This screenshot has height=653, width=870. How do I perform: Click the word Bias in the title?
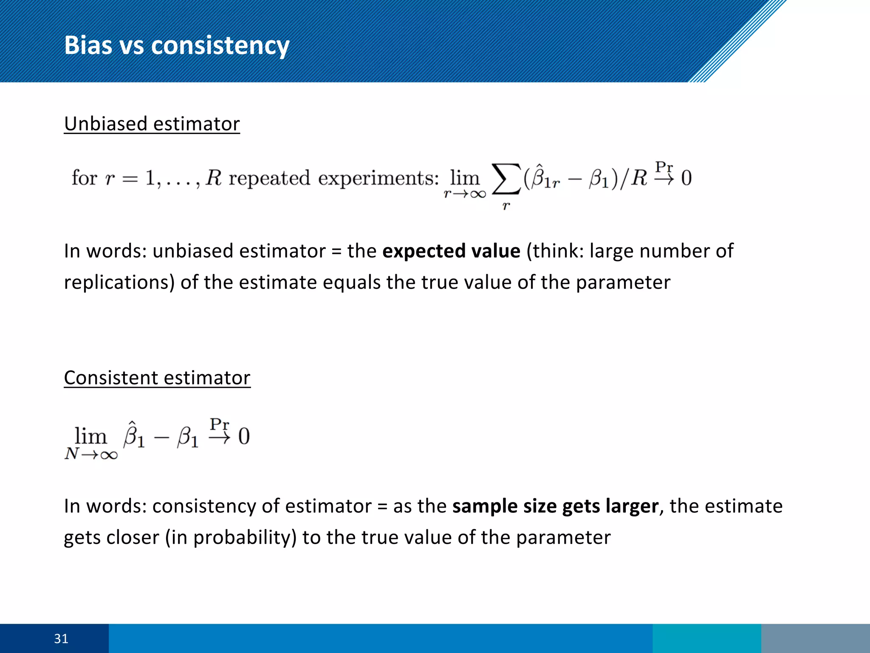pyautogui.click(x=88, y=45)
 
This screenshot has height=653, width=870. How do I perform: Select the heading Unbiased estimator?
pyautogui.click(x=152, y=124)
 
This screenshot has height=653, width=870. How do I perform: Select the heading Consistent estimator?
pyautogui.click(x=157, y=378)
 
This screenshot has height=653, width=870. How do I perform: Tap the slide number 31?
pyautogui.click(x=61, y=639)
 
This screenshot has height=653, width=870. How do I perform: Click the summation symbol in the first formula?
pyautogui.click(x=506, y=179)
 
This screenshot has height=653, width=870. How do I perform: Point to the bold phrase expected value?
pyautogui.click(x=451, y=251)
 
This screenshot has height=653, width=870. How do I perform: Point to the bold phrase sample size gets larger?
pyautogui.click(x=555, y=506)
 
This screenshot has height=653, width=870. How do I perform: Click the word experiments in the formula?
pyautogui.click(x=378, y=178)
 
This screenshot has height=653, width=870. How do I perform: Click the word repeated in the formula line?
pyautogui.click(x=269, y=178)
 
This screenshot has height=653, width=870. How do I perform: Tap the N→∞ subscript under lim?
pyautogui.click(x=91, y=454)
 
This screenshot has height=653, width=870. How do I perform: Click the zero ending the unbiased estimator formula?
pyautogui.click(x=686, y=178)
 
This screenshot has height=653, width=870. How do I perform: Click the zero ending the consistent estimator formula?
pyautogui.click(x=244, y=437)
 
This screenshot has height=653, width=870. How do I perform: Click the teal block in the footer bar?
pyautogui.click(x=706, y=639)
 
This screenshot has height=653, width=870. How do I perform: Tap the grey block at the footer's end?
pyautogui.click(x=815, y=639)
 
